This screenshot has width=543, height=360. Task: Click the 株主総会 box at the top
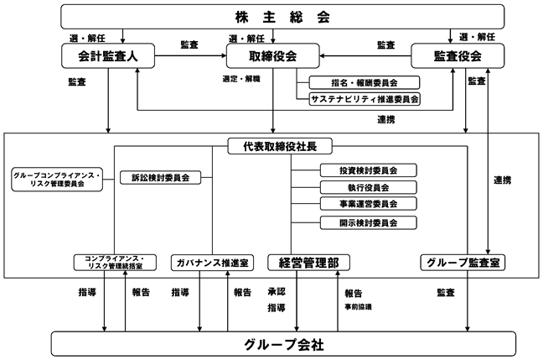point(282,17)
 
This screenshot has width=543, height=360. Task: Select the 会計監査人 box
point(108,56)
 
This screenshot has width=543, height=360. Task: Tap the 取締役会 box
point(273,56)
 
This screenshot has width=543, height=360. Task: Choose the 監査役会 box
point(458,56)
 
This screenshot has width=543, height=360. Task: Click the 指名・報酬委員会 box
point(365,82)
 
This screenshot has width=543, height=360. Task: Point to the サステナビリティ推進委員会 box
point(365,99)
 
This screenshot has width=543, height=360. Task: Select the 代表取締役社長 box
point(280,146)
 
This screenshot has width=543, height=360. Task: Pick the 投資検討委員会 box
point(368,170)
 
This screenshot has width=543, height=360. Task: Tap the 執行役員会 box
point(368,187)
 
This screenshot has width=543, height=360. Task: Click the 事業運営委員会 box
point(368,204)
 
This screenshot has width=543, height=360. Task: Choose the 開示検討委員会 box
point(368,222)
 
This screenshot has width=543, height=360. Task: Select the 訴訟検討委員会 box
point(160,178)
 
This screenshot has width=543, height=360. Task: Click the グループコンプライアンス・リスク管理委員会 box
point(57,180)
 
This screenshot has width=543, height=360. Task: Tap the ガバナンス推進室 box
point(212,263)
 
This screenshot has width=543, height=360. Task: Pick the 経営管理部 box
point(308,263)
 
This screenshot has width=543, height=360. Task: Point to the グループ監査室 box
point(463,263)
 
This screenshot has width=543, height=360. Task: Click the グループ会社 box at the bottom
point(283,344)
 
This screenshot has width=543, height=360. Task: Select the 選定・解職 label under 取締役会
point(241,79)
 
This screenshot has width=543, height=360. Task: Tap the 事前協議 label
point(358,307)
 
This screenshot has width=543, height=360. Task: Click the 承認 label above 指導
point(277,291)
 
